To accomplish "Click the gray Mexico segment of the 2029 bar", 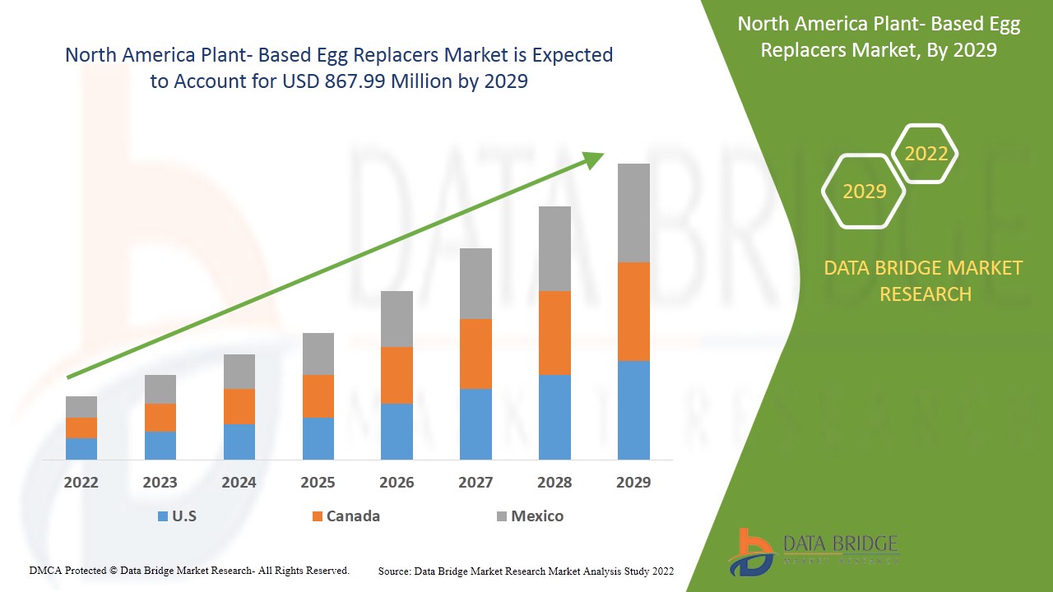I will [x=633, y=213].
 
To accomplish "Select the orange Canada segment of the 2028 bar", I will [x=554, y=333].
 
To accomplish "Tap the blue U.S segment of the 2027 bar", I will [x=475, y=423].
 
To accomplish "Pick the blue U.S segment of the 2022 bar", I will [x=81, y=448].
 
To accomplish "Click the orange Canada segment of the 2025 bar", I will [x=318, y=396].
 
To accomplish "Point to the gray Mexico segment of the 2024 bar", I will [x=239, y=372].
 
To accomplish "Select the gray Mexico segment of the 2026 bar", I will [x=397, y=319].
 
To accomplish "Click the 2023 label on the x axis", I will [x=160, y=483].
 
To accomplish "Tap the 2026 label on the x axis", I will [x=397, y=483].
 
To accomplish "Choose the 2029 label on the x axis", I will [x=633, y=483].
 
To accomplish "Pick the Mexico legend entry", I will [x=530, y=516].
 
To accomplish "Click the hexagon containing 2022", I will [x=925, y=154].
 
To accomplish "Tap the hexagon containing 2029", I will [x=864, y=192].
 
